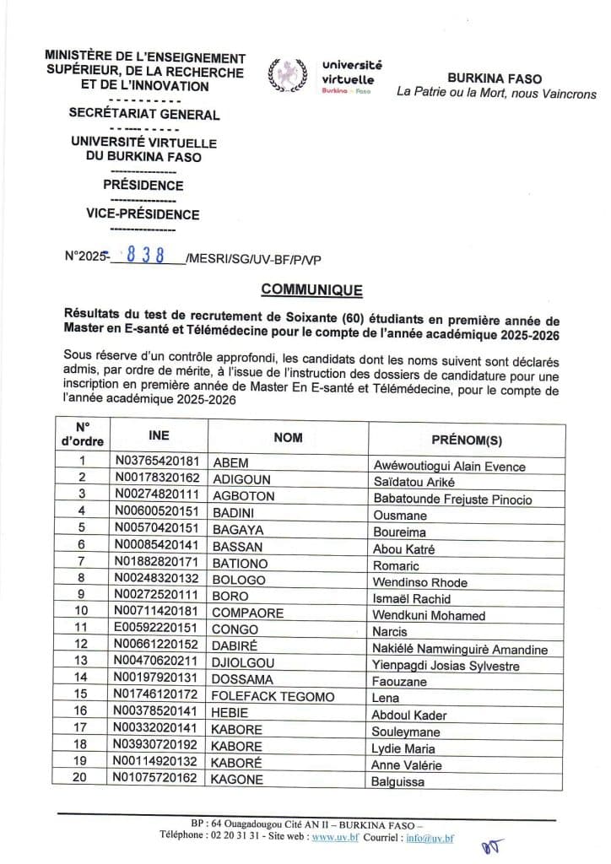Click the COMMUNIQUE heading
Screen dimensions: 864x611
point(311,290)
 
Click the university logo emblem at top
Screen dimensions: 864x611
point(284,75)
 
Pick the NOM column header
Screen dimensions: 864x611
point(288,437)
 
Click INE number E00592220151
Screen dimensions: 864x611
point(157,631)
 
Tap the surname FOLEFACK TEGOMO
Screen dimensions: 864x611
point(274,698)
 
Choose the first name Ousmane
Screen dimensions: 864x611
point(399,515)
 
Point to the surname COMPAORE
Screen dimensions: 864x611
point(248,614)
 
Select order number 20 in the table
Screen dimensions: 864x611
point(82,780)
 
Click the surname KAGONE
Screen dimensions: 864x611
point(238,780)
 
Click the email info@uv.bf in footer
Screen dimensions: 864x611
point(430,839)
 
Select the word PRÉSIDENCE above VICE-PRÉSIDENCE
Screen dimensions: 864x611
point(143,185)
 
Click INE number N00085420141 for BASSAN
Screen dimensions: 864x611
point(157,548)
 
